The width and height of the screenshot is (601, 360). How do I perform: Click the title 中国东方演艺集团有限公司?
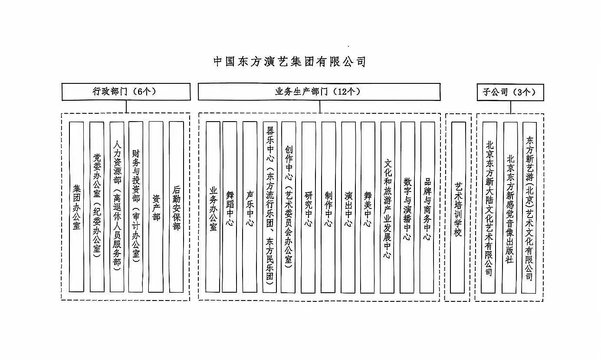click(x=290, y=61)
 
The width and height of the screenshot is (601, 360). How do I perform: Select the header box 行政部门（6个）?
click(x=126, y=92)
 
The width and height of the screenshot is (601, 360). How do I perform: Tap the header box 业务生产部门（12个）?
click(x=319, y=92)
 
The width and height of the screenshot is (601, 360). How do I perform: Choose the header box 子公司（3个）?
click(x=510, y=92)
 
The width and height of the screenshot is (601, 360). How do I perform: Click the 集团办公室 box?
click(x=76, y=207)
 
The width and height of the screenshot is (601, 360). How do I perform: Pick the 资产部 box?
click(x=156, y=207)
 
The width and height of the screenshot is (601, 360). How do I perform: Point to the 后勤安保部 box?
click(x=176, y=207)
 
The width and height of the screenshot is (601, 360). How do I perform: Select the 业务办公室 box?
click(x=213, y=207)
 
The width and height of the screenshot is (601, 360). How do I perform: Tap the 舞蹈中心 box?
click(x=230, y=207)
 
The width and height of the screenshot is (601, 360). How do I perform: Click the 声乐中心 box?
click(x=250, y=207)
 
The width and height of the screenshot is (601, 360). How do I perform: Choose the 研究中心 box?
click(x=309, y=207)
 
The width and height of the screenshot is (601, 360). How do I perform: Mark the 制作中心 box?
click(x=328, y=207)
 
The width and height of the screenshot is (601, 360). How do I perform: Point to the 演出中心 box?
click(x=348, y=207)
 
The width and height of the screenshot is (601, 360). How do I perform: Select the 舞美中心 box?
click(x=368, y=207)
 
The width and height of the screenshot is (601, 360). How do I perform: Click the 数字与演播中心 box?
click(x=407, y=207)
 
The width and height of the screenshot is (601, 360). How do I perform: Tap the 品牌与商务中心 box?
click(x=427, y=207)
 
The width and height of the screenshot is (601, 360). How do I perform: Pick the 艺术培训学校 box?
click(x=458, y=207)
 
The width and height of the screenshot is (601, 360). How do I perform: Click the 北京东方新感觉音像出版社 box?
click(x=510, y=207)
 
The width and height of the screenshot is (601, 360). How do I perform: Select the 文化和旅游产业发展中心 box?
click(x=388, y=207)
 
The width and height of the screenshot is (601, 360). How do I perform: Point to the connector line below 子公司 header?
click(x=511, y=107)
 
